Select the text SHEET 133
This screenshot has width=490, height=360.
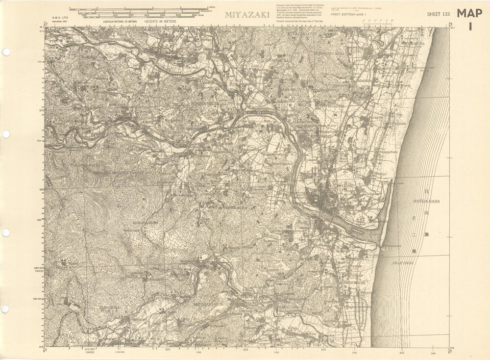[439, 14]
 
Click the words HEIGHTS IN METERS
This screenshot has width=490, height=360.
[160, 22]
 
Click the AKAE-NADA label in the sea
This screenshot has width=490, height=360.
[403, 263]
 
